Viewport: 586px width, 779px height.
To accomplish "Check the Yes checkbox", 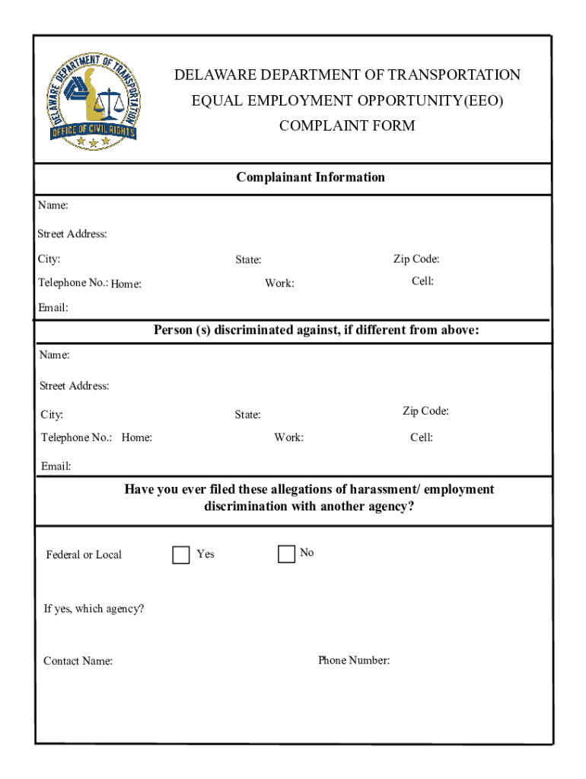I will (181, 555).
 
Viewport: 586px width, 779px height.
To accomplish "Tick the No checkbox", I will (286, 554).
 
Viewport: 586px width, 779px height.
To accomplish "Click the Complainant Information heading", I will (311, 177).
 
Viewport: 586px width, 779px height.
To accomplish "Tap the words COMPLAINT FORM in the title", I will (347, 126).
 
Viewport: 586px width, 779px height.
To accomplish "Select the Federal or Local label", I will (84, 555).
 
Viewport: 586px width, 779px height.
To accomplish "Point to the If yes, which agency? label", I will (94, 609).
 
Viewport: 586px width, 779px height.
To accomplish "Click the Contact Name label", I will (78, 661).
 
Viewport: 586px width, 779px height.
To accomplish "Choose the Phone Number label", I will (354, 660).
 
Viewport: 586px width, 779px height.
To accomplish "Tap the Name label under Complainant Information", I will (53, 205).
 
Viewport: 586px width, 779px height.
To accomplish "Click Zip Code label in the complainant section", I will (416, 259).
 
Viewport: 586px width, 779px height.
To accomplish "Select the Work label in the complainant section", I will (279, 284).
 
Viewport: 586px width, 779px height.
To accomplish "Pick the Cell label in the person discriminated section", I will (422, 437).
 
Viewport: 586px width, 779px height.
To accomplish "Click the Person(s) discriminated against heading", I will (317, 330).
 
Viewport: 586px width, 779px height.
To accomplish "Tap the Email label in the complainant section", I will (53, 308).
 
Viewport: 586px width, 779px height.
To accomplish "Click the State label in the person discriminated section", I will (247, 415).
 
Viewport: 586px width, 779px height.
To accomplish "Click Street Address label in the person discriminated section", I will (75, 386).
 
